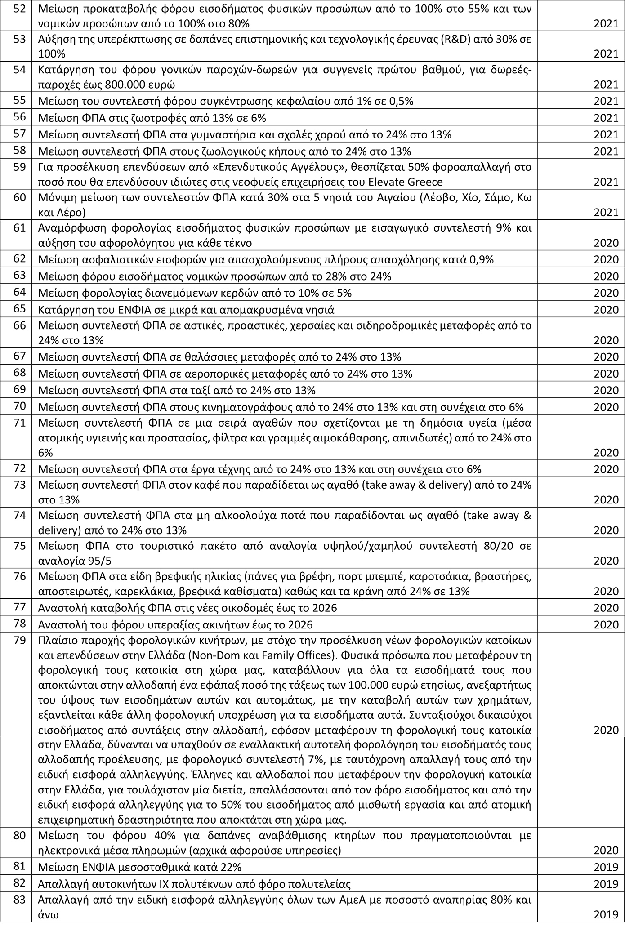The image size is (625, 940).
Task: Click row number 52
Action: pos(19,9)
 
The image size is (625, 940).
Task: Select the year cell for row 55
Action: pos(606,102)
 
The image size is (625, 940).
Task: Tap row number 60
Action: pos(19,198)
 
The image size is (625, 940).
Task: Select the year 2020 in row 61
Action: pos(606,244)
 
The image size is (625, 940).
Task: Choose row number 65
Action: pos(19,309)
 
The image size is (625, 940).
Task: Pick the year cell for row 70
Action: pos(606,407)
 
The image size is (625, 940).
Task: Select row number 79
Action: pos(19,640)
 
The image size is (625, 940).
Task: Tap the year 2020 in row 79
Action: pos(606,731)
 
